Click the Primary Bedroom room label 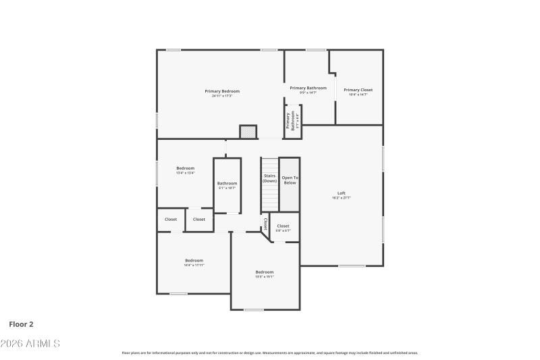click(222, 91)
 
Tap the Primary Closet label click(358, 90)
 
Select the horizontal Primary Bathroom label click(308, 88)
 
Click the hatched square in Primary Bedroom click(248, 132)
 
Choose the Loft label click(341, 193)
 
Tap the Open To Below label click(290, 180)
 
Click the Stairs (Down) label click(270, 178)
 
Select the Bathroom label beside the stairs click(227, 183)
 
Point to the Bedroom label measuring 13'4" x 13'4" click(186, 168)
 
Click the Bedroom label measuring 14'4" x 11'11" click(194, 260)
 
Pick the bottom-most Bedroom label click(265, 272)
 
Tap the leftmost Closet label click(171, 219)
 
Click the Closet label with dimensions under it click(283, 226)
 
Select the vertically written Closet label click(265, 223)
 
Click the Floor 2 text click(22, 324)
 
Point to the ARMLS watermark click(30, 344)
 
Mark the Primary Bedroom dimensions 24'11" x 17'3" click(222, 96)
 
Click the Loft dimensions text click(341, 198)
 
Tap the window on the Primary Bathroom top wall click(316, 50)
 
